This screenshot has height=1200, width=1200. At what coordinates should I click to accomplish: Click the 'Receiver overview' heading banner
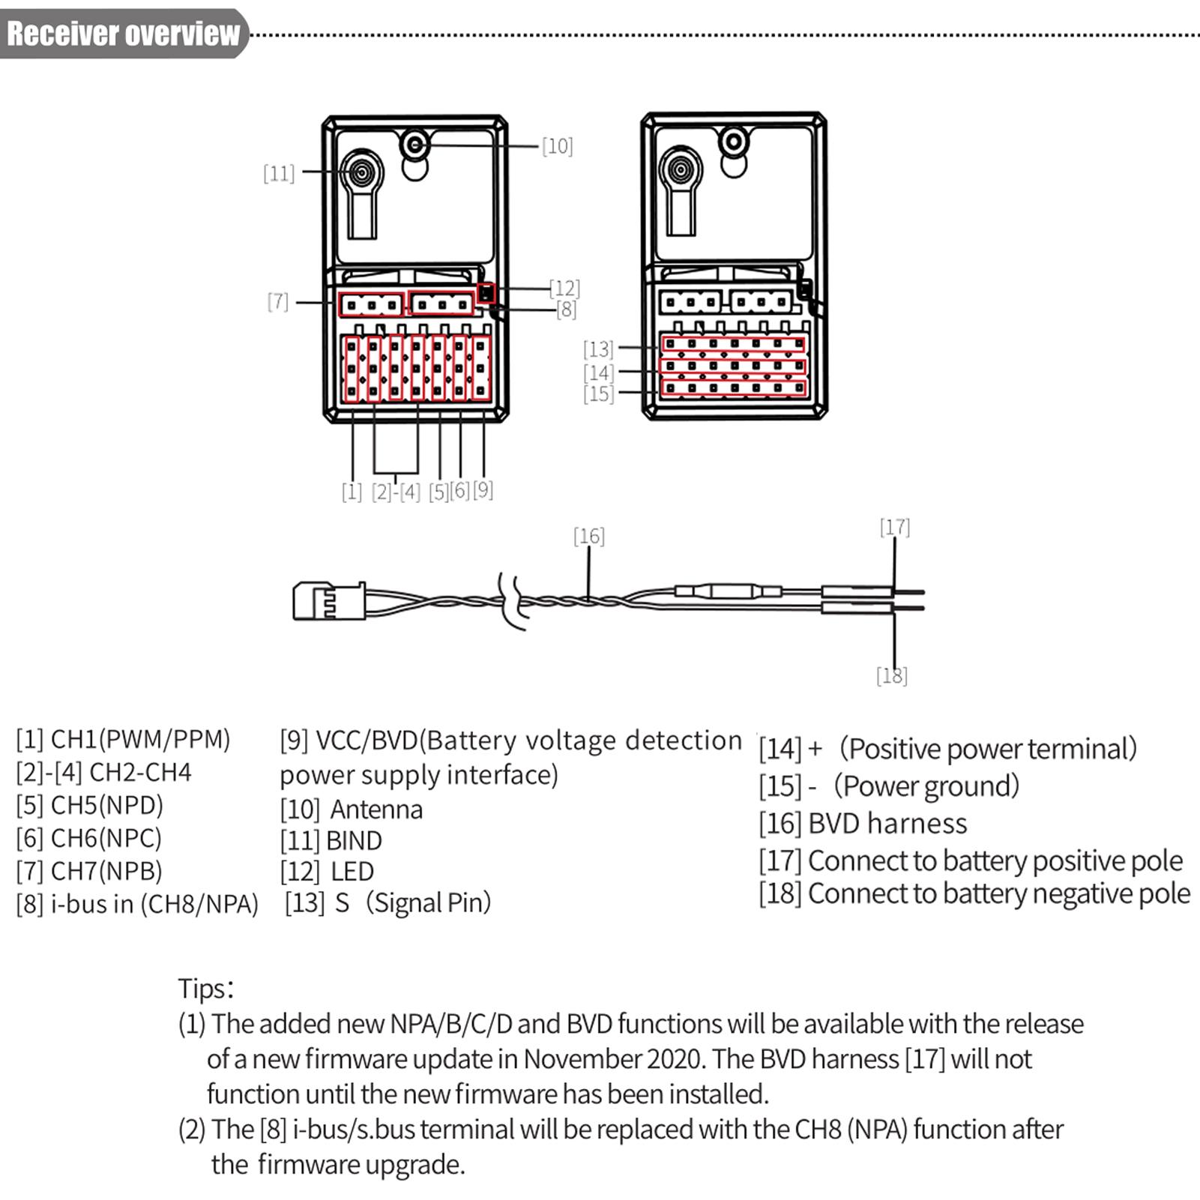click(123, 34)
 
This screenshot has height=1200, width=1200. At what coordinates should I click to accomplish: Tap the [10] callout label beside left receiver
click(557, 146)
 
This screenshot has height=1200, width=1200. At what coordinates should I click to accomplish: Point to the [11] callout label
click(279, 174)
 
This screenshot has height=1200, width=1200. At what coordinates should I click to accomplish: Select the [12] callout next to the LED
click(564, 288)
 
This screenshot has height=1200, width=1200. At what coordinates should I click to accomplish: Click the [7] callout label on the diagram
click(278, 301)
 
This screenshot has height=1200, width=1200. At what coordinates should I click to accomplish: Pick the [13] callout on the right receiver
click(598, 349)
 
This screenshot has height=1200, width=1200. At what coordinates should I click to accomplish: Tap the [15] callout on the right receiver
click(598, 394)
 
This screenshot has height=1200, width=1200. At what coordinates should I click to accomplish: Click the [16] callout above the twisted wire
click(588, 536)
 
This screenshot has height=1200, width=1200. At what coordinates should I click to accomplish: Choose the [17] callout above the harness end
click(895, 528)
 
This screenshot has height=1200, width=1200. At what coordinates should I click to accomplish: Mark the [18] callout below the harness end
click(891, 675)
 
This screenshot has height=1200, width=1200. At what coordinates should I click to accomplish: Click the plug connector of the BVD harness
click(328, 601)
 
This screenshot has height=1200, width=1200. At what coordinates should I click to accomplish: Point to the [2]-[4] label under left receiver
click(396, 492)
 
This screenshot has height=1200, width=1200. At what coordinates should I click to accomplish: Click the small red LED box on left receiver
click(486, 293)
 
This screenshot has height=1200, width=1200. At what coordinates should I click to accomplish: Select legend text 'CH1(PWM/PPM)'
click(140, 739)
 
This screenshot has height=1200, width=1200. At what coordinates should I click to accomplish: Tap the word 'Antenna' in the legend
click(376, 809)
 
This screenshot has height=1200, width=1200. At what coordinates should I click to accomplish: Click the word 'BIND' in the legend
click(354, 841)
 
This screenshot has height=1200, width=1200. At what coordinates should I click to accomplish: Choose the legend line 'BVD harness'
click(887, 824)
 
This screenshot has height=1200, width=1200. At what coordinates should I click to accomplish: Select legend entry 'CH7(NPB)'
click(106, 871)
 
